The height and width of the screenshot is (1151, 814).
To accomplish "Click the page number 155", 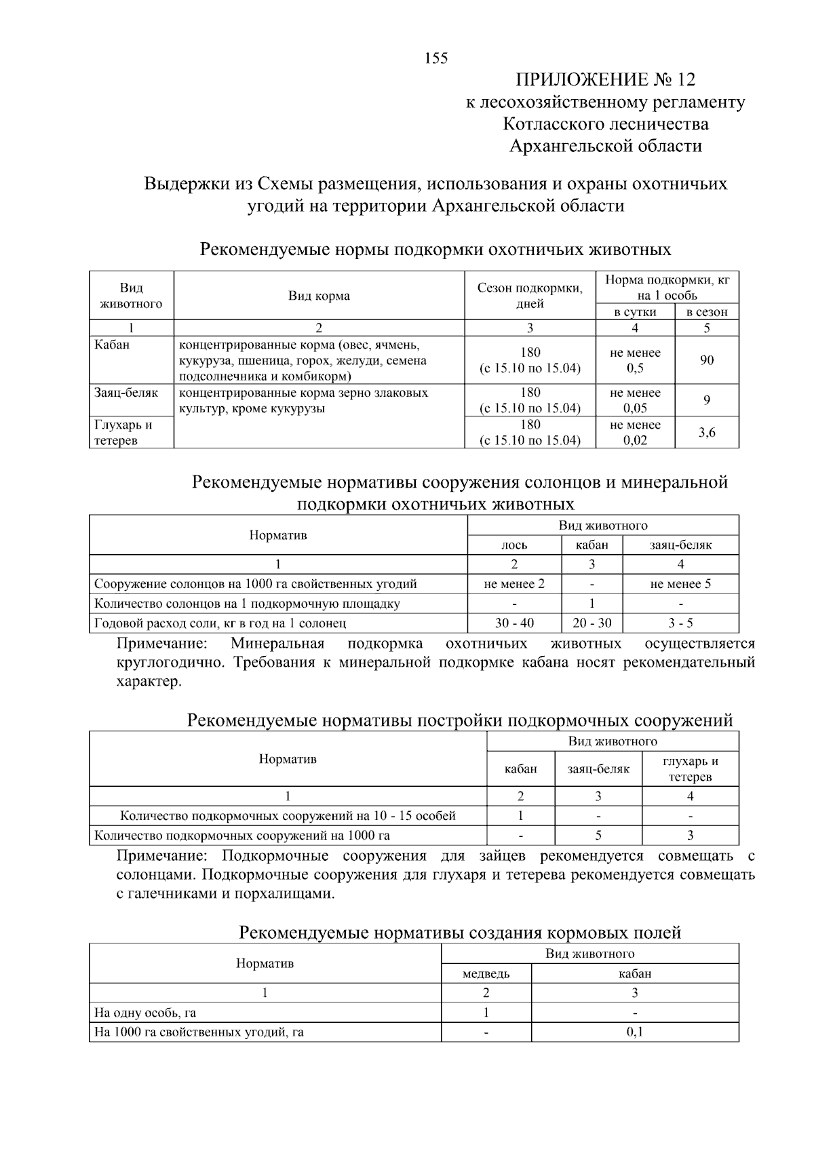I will [x=436, y=58].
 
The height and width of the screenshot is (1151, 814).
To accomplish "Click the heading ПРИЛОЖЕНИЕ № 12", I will [x=605, y=80].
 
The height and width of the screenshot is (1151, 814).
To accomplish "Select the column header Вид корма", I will [x=319, y=296].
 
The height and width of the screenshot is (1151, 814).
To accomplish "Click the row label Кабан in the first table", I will [x=112, y=345].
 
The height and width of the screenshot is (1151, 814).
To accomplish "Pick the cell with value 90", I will [x=707, y=360].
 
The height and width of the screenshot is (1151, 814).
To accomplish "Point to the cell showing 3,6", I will [x=707, y=433].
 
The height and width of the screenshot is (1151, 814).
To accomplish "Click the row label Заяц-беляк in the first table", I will [x=126, y=393].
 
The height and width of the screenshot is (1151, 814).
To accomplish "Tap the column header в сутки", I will [x=635, y=312].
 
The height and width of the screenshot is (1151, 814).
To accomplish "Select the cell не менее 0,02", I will [x=635, y=433].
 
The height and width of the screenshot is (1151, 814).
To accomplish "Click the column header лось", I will [x=514, y=545].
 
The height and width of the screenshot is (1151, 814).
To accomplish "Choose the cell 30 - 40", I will [x=514, y=623].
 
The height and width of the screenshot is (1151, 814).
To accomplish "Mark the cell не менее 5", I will [x=680, y=584].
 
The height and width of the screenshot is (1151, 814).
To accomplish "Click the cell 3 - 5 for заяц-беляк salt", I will [x=680, y=623].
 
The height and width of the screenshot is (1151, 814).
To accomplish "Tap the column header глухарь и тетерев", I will [x=690, y=769].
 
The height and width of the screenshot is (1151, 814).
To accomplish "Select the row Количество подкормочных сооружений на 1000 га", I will [x=242, y=836].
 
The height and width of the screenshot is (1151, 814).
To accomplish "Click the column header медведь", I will [x=486, y=974].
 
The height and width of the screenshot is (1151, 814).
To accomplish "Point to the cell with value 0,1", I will [x=635, y=1032].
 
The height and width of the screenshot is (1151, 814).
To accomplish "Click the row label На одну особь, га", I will [x=145, y=1013].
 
